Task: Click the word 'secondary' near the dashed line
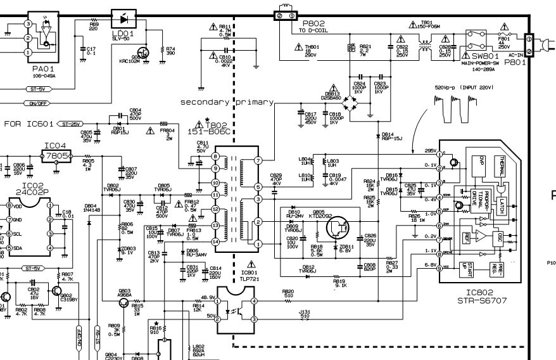click(206, 102)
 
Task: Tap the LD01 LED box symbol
click(124, 18)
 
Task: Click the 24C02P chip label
click(26, 190)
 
